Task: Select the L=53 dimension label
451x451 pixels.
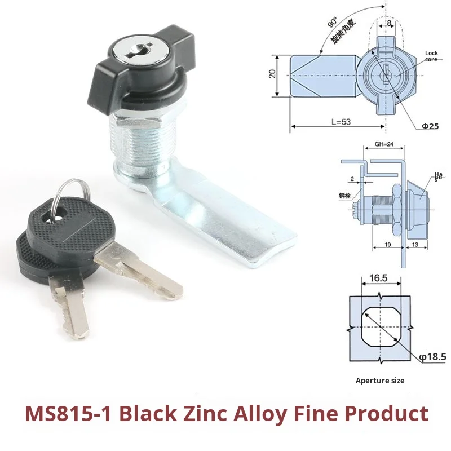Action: point(332,121)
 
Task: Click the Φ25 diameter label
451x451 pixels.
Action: point(430,126)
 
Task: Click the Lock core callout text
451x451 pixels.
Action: point(431,56)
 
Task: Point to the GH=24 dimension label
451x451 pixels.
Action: point(384,144)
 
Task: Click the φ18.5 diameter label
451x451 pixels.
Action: point(433,357)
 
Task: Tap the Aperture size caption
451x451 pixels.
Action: point(380,381)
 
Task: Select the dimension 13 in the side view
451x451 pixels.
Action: point(415,245)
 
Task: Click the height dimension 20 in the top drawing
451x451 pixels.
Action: point(273,74)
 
